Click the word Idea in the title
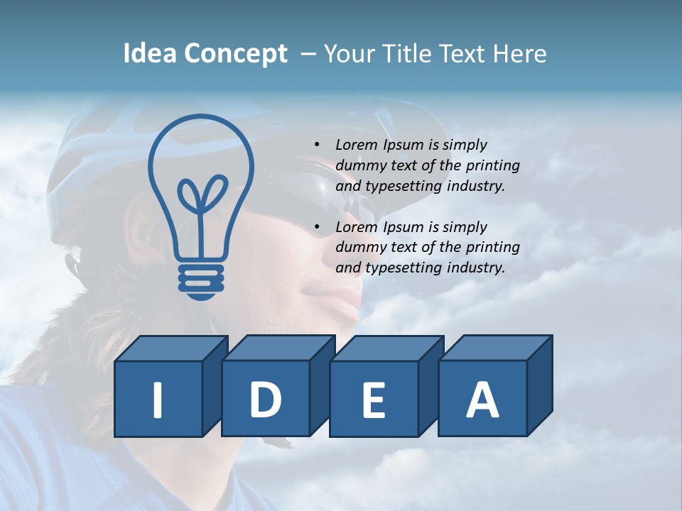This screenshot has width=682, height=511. coord(150,54)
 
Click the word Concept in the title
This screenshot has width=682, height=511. coord(235,54)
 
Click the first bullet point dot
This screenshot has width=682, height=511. coord(317,145)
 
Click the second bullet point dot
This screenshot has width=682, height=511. coord(317,227)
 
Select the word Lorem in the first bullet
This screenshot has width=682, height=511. coord(357,145)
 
